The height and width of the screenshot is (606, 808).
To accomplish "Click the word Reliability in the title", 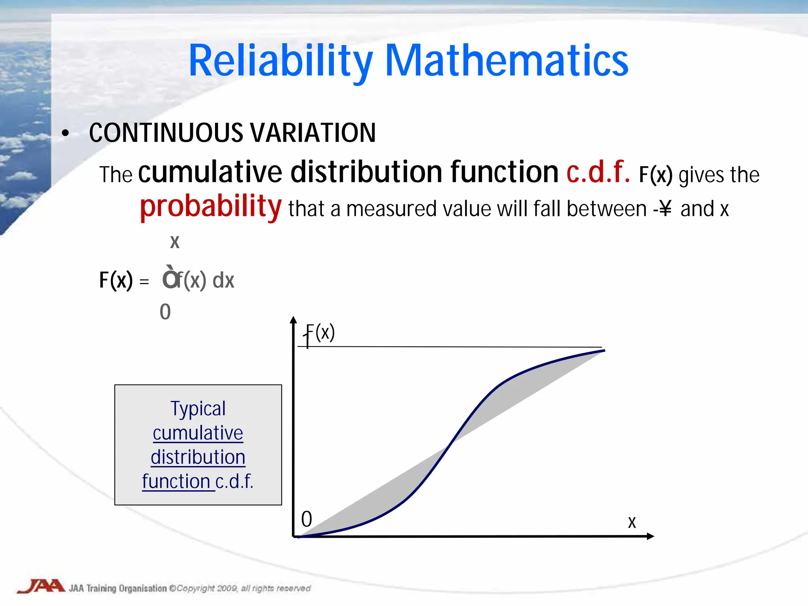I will coord(280,61).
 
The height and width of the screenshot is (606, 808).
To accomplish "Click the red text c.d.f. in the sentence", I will coord(598,172).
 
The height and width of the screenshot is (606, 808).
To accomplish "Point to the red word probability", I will coord(211,206).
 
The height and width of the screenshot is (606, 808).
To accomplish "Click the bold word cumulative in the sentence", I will coord(210,172).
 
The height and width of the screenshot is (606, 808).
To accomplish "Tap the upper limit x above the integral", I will coord(174,242).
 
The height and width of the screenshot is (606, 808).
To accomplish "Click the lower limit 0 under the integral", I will coord(165,312).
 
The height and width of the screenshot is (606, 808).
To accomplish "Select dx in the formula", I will coord(223,281).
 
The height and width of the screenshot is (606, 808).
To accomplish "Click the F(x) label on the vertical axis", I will coord(320,333).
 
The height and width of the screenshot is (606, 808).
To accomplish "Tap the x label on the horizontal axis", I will coord(632,522).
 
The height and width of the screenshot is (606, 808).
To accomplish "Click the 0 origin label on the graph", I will coord(307,519).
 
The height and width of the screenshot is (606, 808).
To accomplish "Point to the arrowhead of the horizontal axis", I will coord(651,536).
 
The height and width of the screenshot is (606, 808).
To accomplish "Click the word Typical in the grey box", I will coord(198,409).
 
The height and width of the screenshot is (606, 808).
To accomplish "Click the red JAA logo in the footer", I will coord(41,586).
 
